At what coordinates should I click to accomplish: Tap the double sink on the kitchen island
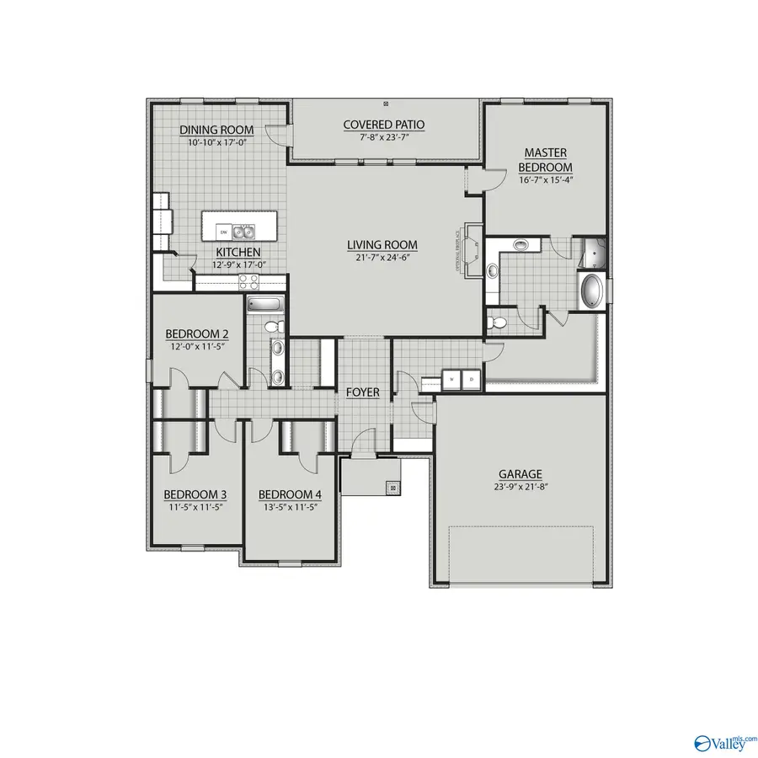point(244,231)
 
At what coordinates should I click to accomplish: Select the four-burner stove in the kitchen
point(248,282)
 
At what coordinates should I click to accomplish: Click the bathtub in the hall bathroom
point(265,304)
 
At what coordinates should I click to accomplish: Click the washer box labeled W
point(452,379)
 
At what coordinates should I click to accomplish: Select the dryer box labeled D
point(471,379)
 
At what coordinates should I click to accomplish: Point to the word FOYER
point(362,392)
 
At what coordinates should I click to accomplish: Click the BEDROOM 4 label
point(286,494)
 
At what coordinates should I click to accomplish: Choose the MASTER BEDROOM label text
point(545,159)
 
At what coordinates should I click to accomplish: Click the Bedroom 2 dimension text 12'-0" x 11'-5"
point(194,345)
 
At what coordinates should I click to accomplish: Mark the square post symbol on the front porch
point(392,486)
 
